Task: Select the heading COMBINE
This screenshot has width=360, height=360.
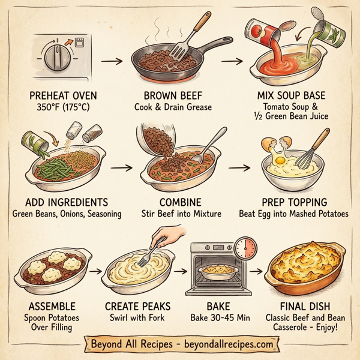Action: click(x=181, y=202)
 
